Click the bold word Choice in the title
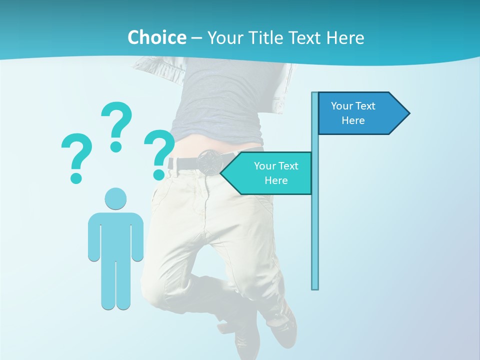tap(156, 37)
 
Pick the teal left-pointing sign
tap(270, 173)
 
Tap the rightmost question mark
tap(159, 150)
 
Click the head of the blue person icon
tap(115, 199)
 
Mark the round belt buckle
tap(207, 162)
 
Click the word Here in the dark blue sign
tap(353, 120)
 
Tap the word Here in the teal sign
tap(276, 180)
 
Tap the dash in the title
tap(196, 38)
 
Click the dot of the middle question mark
tap(116, 146)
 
